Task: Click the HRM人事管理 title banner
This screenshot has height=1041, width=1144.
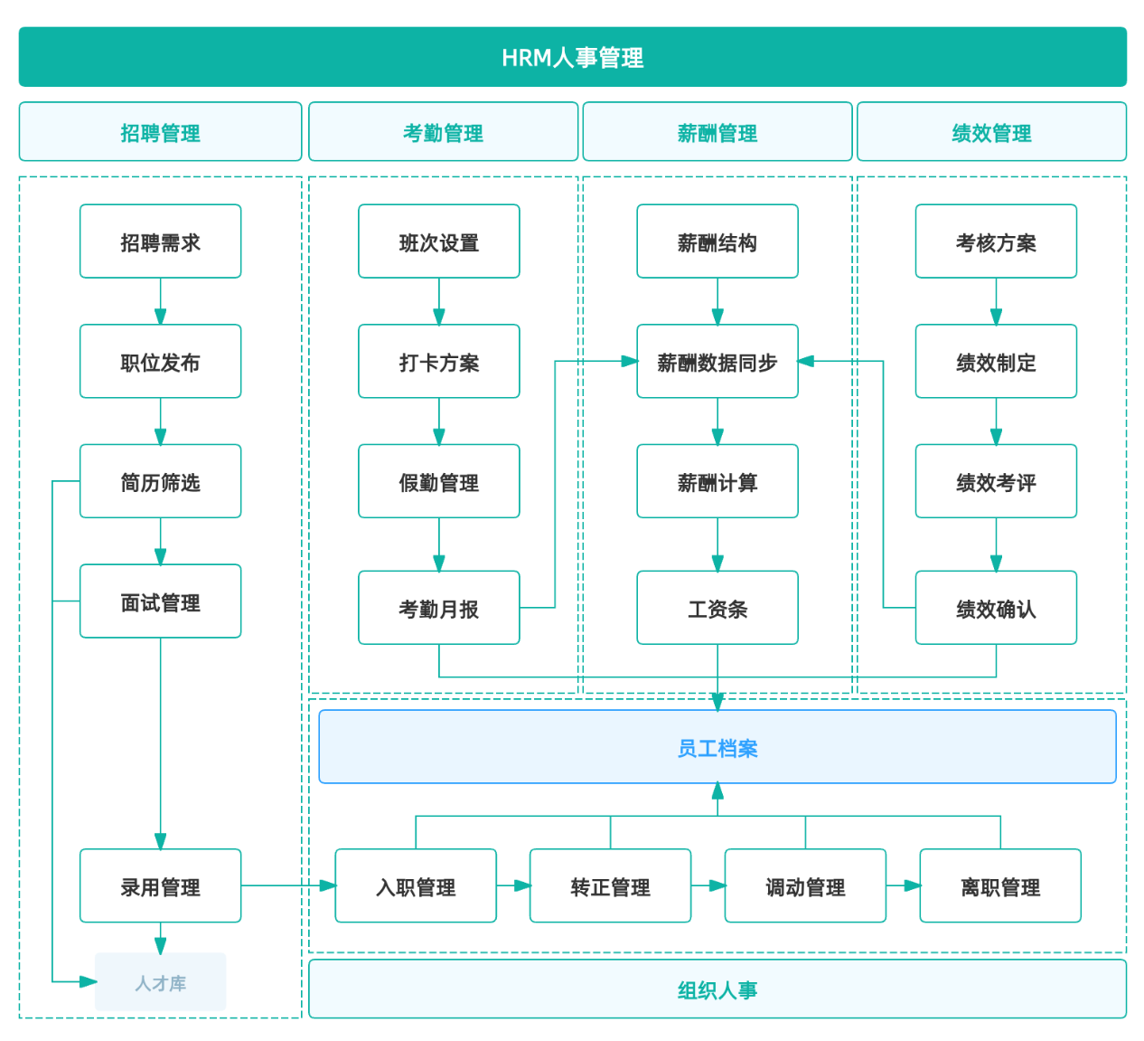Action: (572, 57)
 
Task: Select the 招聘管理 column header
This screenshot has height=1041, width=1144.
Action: (160, 132)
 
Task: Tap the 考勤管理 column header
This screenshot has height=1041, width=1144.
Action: (443, 132)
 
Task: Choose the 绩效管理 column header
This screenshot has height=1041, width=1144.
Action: (991, 132)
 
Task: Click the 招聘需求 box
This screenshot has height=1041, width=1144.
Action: (160, 241)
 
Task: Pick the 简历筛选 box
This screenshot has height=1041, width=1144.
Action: (160, 481)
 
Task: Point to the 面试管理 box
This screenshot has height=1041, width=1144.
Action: (160, 601)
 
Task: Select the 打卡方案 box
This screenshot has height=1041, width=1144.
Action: (438, 361)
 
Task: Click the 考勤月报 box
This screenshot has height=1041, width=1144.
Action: (438, 608)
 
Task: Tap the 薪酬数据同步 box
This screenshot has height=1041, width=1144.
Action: (717, 361)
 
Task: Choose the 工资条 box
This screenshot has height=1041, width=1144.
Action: (717, 608)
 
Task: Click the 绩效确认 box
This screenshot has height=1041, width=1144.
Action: (996, 608)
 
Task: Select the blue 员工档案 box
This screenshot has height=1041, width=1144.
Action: (717, 747)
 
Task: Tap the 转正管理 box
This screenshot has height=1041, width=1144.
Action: (610, 885)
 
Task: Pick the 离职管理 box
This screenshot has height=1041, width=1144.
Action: (999, 885)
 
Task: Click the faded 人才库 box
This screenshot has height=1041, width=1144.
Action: (160, 982)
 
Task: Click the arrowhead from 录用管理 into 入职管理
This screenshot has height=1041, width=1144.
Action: (328, 885)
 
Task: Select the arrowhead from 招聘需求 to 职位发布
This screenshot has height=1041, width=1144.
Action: (160, 317)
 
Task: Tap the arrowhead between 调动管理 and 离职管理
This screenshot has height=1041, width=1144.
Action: (913, 885)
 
